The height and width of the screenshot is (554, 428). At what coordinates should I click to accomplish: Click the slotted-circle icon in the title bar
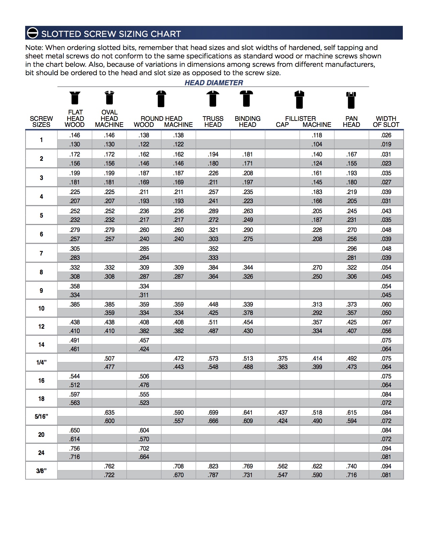(x=33, y=33)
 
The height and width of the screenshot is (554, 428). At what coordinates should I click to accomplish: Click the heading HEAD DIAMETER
(x=213, y=83)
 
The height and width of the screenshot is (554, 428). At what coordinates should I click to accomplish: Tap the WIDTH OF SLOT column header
(x=386, y=122)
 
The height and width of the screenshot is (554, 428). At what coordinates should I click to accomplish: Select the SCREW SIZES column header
(x=41, y=122)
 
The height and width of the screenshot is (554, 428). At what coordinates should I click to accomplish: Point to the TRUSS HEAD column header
(x=213, y=122)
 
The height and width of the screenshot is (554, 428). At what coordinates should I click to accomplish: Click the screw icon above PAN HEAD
(x=351, y=100)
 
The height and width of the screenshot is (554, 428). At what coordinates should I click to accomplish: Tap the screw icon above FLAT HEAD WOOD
(x=75, y=98)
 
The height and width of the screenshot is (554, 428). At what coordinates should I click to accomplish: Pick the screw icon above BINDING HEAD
(x=247, y=99)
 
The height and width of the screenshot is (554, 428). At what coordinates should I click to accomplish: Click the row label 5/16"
(x=41, y=417)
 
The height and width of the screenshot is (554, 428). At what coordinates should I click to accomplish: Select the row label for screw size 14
(x=41, y=344)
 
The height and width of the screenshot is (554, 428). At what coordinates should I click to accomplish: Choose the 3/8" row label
(x=41, y=471)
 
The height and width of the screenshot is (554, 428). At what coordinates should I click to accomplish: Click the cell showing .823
(x=213, y=466)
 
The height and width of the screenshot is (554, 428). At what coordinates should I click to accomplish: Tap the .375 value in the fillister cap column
(x=282, y=359)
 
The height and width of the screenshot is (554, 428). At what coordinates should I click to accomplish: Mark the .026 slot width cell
(x=386, y=135)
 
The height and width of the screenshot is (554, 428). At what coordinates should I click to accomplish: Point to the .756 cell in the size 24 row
(x=75, y=449)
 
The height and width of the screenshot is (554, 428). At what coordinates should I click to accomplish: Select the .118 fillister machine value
(x=317, y=135)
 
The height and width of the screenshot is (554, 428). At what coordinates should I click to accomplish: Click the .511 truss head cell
(x=213, y=322)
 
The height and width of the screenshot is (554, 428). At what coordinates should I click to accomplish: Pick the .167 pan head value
(x=351, y=154)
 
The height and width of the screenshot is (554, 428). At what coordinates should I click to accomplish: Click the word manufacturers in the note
(x=351, y=64)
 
